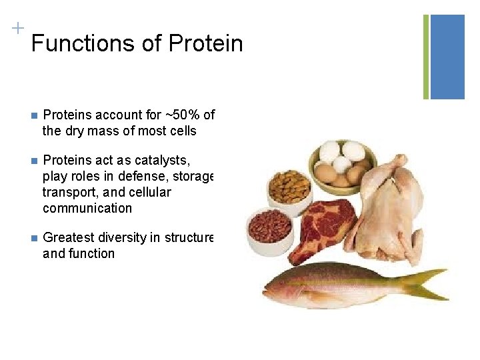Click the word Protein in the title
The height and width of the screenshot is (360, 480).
coord(205,44)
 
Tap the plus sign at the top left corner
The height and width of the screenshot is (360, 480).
coord(17,28)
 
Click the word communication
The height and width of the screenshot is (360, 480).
coord(87,208)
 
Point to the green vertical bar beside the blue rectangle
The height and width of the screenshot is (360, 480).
coord(426,57)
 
